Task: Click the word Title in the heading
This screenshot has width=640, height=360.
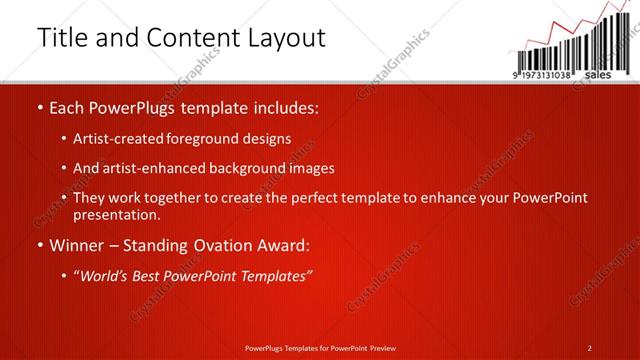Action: [59, 38]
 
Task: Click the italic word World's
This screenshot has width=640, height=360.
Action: [106, 275]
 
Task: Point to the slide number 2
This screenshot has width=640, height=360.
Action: [590, 348]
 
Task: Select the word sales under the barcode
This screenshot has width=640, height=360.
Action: [597, 75]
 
